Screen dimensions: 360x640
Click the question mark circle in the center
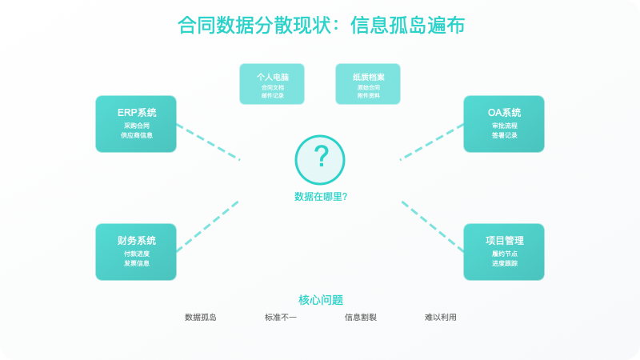click(x=320, y=158)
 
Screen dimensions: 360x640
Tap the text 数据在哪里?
click(x=320, y=196)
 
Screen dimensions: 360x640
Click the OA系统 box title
click(x=504, y=112)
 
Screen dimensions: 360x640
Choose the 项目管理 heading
click(x=504, y=240)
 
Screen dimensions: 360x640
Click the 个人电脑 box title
click(x=272, y=77)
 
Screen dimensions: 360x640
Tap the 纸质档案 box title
click(x=368, y=77)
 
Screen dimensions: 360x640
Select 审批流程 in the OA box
click(x=504, y=126)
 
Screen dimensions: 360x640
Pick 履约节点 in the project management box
click(x=504, y=254)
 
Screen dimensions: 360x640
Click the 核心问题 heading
click(x=320, y=300)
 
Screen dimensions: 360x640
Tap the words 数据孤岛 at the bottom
click(x=200, y=318)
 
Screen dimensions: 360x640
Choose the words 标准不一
click(x=280, y=318)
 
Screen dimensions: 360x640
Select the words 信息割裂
click(x=360, y=318)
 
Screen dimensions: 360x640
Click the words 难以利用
click(x=440, y=318)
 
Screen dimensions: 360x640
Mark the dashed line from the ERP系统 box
click(x=208, y=142)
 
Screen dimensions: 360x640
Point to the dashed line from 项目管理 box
click(x=432, y=226)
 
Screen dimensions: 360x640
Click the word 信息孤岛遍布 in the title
click(x=408, y=26)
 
